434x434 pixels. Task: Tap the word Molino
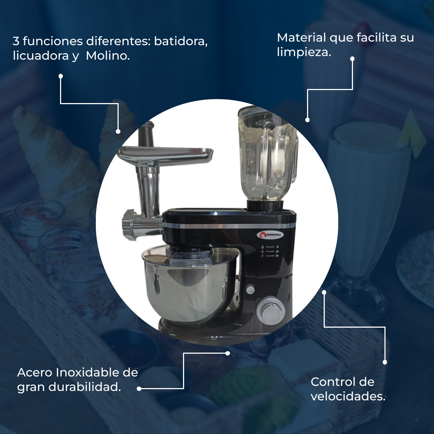[108, 56]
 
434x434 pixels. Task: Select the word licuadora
[41, 56]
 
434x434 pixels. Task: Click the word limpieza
[304, 52]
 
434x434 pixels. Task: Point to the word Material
[302, 38]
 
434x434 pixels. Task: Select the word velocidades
[348, 396]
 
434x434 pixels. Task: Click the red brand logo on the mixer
[269, 235]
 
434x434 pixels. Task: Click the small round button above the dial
[250, 289]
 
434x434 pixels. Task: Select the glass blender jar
[268, 156]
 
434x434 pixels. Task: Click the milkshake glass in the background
[365, 203]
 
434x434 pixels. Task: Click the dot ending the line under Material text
[307, 120]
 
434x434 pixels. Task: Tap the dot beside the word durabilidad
[139, 389]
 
